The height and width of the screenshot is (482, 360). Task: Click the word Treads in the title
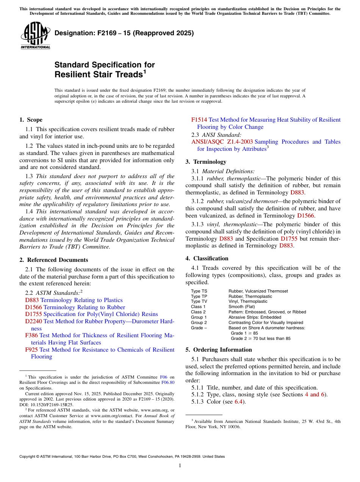[129, 75]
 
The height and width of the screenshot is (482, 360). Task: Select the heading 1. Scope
[31, 120]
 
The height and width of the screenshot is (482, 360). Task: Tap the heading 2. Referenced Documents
[53, 260]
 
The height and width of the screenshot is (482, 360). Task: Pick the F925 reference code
[31, 349]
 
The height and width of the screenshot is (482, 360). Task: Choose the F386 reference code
[31, 335]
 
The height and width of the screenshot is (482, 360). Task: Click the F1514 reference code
[199, 120]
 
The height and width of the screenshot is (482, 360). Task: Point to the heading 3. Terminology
[206, 161]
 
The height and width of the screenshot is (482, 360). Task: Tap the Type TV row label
[199, 302]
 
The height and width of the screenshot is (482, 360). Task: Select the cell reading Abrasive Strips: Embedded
[255, 317]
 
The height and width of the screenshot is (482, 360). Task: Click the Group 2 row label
[199, 322]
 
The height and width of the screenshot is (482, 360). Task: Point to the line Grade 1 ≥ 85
[244, 333]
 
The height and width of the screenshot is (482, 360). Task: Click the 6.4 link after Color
[238, 402]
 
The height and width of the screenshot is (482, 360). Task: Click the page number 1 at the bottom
[180, 465]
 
